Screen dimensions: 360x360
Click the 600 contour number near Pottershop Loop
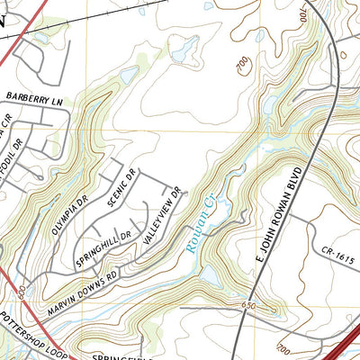tap(20, 292)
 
